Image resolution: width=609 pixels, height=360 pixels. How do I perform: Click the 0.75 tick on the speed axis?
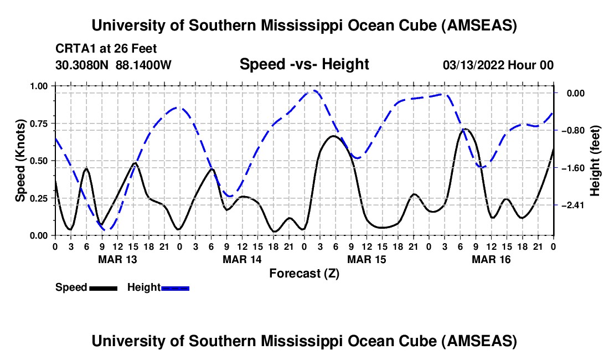pos(39,124)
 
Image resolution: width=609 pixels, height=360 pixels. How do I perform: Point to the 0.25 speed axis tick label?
pos(39,198)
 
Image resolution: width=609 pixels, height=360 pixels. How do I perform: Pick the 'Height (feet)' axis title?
pos(595,161)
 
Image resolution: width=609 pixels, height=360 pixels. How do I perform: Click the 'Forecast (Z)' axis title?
pos(304,273)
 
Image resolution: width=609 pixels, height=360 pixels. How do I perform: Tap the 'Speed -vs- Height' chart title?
pos(304,64)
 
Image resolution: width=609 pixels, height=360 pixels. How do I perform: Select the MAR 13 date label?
pos(117,259)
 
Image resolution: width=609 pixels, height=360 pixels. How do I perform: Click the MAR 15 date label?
pos(367,259)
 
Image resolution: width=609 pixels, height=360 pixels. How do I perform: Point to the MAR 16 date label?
pos(491,259)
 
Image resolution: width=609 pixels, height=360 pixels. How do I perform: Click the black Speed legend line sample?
pos(103,288)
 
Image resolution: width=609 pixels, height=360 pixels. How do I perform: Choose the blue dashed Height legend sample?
pos(176,288)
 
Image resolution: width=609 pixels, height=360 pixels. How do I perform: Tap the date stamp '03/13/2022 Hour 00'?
pos(498,65)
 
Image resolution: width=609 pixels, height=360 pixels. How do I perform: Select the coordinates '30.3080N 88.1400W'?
pos(113,65)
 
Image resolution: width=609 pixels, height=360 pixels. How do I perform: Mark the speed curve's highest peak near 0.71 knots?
pos(466,129)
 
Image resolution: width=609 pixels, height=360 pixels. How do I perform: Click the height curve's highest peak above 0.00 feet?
pos(314,90)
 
